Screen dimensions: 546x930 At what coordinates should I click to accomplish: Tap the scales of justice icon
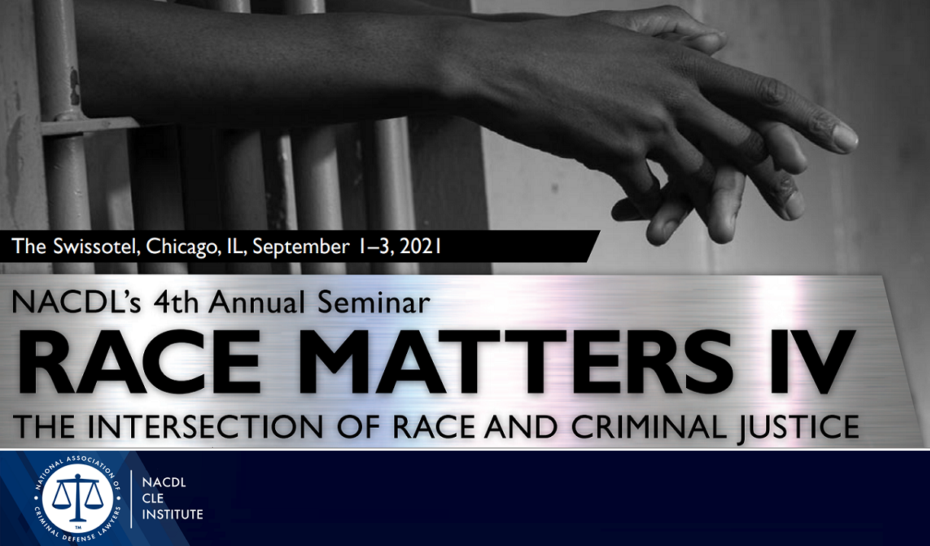pos(78,496)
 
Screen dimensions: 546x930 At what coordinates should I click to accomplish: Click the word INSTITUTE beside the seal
pos(173,515)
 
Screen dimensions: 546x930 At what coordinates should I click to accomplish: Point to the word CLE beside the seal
pos(154,499)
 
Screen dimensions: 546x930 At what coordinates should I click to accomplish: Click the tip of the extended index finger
pos(849,140)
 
